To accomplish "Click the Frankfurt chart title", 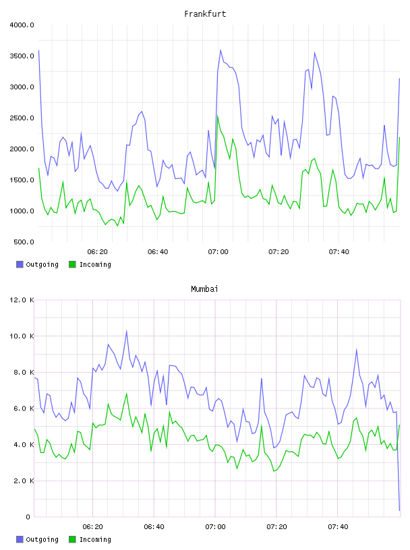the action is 205,14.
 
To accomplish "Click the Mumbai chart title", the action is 204,289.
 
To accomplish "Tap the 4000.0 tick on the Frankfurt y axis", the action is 22,25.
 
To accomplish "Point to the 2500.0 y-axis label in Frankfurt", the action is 22,118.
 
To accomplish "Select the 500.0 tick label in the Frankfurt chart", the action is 24,242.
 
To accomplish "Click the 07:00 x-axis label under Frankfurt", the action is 218,252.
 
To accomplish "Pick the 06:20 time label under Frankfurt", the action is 97,252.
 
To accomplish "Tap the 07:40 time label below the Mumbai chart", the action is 338,527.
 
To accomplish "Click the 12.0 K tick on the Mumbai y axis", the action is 22,300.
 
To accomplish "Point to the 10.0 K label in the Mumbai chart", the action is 22,336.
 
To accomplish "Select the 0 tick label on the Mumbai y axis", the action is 28,517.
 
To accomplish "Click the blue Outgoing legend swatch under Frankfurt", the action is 20,264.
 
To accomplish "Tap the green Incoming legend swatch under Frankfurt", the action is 72,264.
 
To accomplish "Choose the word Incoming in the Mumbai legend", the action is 95,539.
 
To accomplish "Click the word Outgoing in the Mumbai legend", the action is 42,539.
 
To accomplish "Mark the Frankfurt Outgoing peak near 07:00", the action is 221,50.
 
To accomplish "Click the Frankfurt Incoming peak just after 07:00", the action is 218,116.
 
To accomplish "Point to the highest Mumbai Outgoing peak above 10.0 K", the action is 126,331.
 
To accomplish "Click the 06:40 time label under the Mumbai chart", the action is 154,527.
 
